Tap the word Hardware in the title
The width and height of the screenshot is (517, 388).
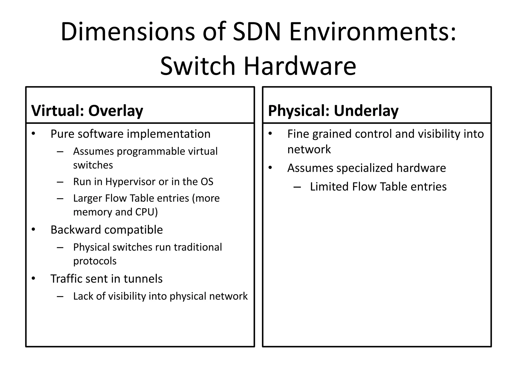tap(300, 66)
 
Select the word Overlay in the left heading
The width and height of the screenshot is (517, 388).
tap(116, 111)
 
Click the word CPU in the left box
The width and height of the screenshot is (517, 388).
tap(146, 212)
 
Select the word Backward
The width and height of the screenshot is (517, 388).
tap(75, 230)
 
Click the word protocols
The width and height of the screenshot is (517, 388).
tap(95, 261)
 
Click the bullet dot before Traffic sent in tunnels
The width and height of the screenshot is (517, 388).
tap(34, 278)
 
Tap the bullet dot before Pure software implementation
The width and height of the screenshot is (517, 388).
tap(34, 133)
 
